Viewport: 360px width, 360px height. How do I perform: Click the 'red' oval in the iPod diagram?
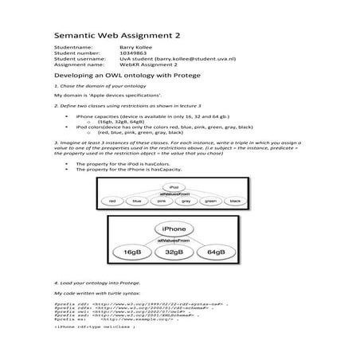click(x=113, y=201)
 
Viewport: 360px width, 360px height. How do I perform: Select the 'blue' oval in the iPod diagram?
click(x=137, y=201)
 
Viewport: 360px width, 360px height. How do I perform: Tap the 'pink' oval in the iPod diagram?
click(x=161, y=201)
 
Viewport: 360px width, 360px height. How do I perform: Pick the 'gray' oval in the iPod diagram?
click(x=186, y=201)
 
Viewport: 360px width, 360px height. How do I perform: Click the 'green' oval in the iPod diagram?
click(x=210, y=201)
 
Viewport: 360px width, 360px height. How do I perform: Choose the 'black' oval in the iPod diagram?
click(x=234, y=201)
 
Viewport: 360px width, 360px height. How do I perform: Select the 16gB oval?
click(x=132, y=252)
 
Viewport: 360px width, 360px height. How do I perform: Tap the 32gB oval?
click(x=174, y=252)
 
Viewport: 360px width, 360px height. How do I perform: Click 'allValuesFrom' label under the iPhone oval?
click(x=174, y=238)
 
